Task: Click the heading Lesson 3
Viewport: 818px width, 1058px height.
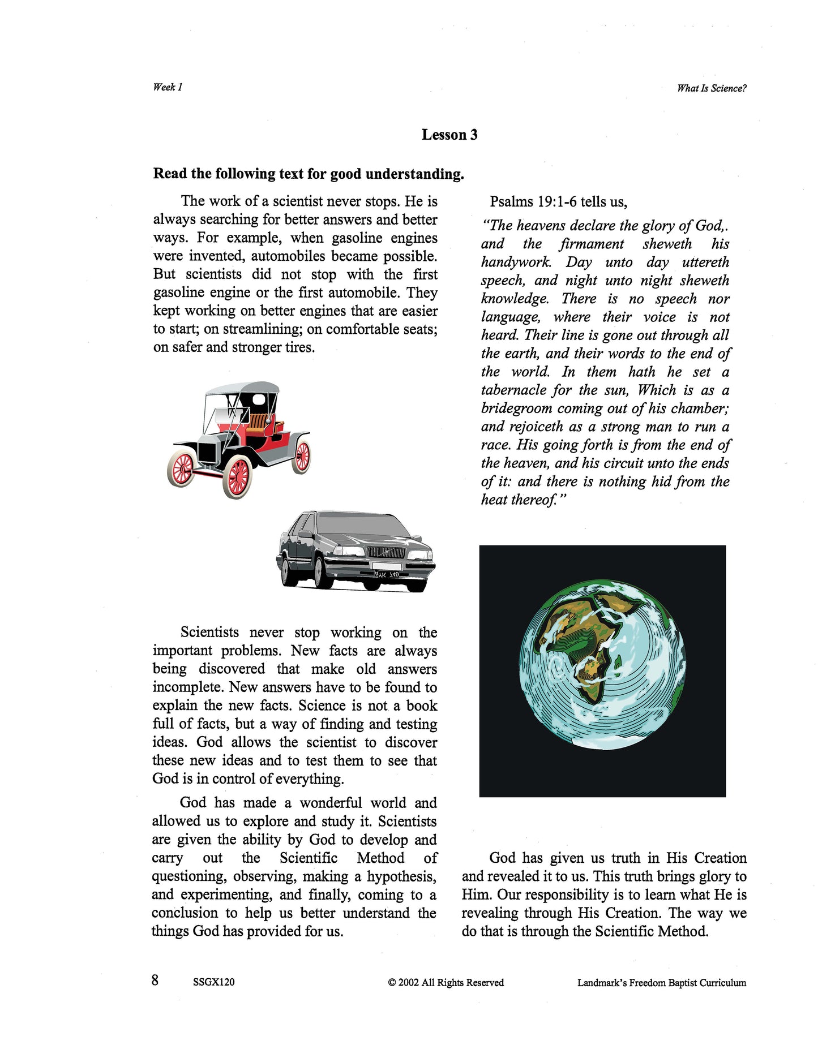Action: (449, 135)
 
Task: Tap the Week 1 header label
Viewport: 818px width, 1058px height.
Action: (168, 87)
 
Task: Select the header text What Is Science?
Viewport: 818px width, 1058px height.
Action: (712, 88)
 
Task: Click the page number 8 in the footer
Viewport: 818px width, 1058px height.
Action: (155, 980)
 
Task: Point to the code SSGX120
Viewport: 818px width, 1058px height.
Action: (213, 982)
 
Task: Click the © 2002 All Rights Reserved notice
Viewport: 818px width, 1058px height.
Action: (446, 982)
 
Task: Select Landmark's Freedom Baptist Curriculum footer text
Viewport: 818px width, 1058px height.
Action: (661, 983)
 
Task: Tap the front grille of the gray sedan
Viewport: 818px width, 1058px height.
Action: (386, 552)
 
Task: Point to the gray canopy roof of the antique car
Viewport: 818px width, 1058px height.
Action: (242, 388)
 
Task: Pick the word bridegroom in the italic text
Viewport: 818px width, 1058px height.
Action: (516, 408)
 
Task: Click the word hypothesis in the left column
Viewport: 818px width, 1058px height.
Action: (401, 876)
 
